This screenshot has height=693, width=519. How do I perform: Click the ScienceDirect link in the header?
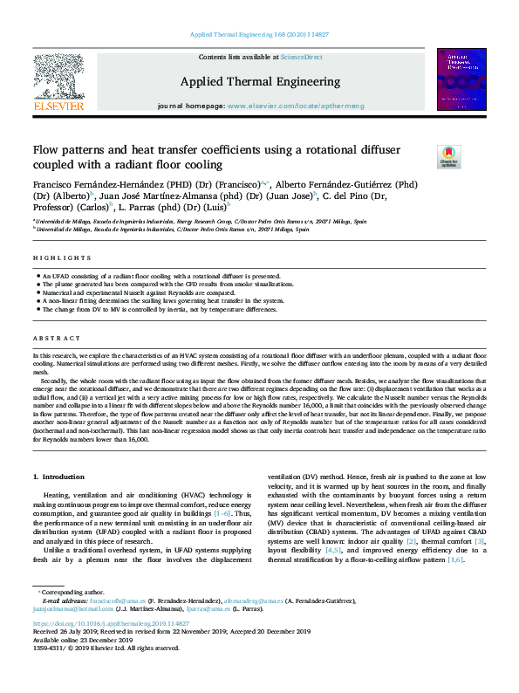click(303, 57)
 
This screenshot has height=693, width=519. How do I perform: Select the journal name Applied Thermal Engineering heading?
click(259, 82)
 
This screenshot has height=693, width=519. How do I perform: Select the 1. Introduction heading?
click(58, 477)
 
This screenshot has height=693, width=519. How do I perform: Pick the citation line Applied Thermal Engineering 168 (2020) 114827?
click(259, 35)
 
